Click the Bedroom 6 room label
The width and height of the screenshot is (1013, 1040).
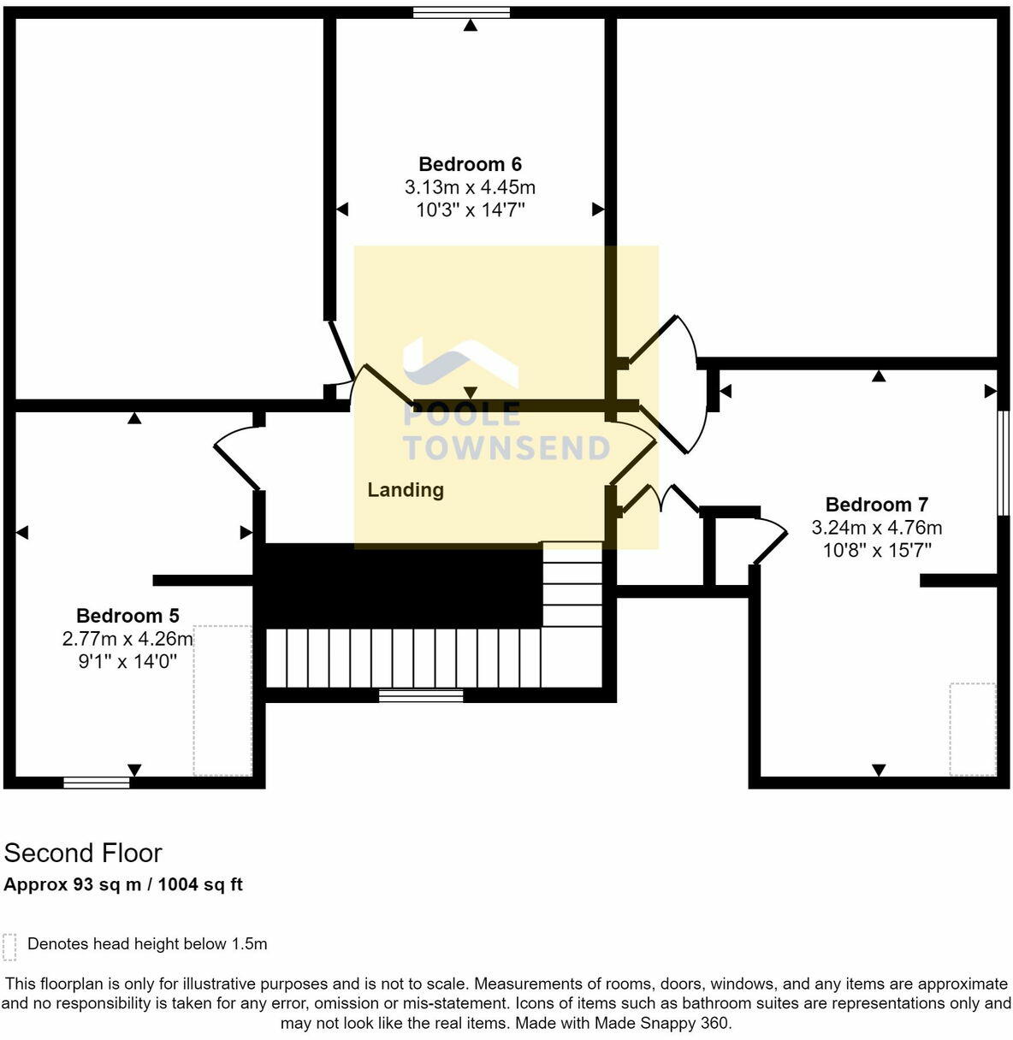coord(470,164)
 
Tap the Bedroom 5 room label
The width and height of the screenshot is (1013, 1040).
coord(127,616)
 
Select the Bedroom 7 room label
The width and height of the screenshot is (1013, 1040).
coord(876,505)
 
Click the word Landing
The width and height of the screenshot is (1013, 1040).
coord(406,490)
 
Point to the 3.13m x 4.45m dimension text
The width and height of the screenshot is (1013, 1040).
coord(470,187)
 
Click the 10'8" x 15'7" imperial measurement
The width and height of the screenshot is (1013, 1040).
coord(876,550)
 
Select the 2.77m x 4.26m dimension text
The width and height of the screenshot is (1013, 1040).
coord(127,639)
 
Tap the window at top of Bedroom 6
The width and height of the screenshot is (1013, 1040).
coord(461,12)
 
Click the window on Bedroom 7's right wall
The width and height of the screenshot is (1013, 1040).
coord(1004,463)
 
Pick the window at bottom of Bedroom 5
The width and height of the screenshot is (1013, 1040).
coord(97,782)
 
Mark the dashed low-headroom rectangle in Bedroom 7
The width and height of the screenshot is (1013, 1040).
coord(973,729)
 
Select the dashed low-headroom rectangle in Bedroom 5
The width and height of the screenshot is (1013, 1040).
coord(222,700)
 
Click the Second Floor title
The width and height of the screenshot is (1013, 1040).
coord(83,853)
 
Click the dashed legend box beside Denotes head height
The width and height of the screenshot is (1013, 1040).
coord(9,946)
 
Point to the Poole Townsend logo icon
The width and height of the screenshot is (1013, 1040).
coord(459,363)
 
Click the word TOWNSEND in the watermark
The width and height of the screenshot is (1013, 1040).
coord(506,448)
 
